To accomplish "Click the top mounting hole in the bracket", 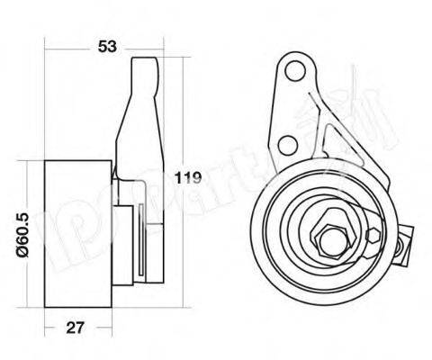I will point(294,69).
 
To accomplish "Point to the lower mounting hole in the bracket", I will point(287,143).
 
